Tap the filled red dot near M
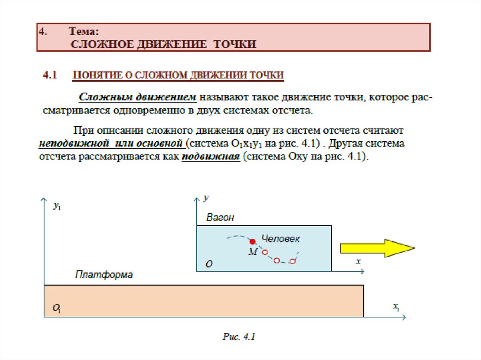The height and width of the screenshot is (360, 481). click(x=253, y=241)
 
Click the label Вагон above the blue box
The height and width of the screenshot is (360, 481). click(x=220, y=217)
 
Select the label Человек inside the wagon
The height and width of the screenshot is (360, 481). click(x=280, y=238)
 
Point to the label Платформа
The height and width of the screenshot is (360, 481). click(x=104, y=275)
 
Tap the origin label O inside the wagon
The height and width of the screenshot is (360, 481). click(x=209, y=264)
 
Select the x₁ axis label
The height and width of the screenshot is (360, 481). click(x=396, y=306)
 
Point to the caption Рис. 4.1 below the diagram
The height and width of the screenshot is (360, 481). click(x=239, y=337)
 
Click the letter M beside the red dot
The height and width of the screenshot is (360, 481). click(x=253, y=252)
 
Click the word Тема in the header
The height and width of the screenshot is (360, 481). click(x=84, y=32)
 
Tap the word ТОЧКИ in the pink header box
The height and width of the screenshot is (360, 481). click(x=235, y=44)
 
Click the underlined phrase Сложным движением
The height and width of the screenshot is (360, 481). click(x=137, y=97)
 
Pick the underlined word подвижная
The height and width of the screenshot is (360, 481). click(x=211, y=156)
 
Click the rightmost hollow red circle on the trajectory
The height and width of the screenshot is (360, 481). click(x=292, y=261)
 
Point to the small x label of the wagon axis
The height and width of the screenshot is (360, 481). click(x=358, y=261)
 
